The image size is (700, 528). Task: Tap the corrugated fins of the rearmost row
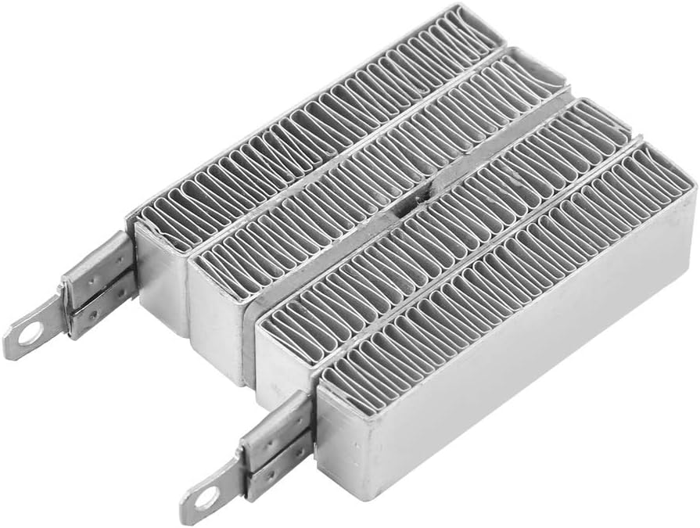(x=313, y=125)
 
